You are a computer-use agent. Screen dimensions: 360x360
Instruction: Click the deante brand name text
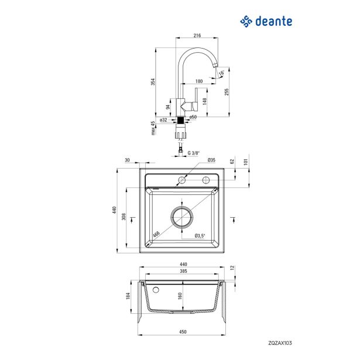273,22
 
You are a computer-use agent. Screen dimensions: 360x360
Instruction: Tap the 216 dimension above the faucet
197,35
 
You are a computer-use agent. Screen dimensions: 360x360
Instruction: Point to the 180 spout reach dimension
199,81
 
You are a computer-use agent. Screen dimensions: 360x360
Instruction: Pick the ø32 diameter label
164,119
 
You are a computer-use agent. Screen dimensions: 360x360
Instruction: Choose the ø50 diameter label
193,118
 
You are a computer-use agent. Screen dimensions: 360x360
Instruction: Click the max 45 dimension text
153,128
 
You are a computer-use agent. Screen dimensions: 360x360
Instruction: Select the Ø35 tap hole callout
212,160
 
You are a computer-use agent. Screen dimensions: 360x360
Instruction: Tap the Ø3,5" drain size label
200,235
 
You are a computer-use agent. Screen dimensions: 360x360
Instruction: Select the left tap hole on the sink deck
181,180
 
